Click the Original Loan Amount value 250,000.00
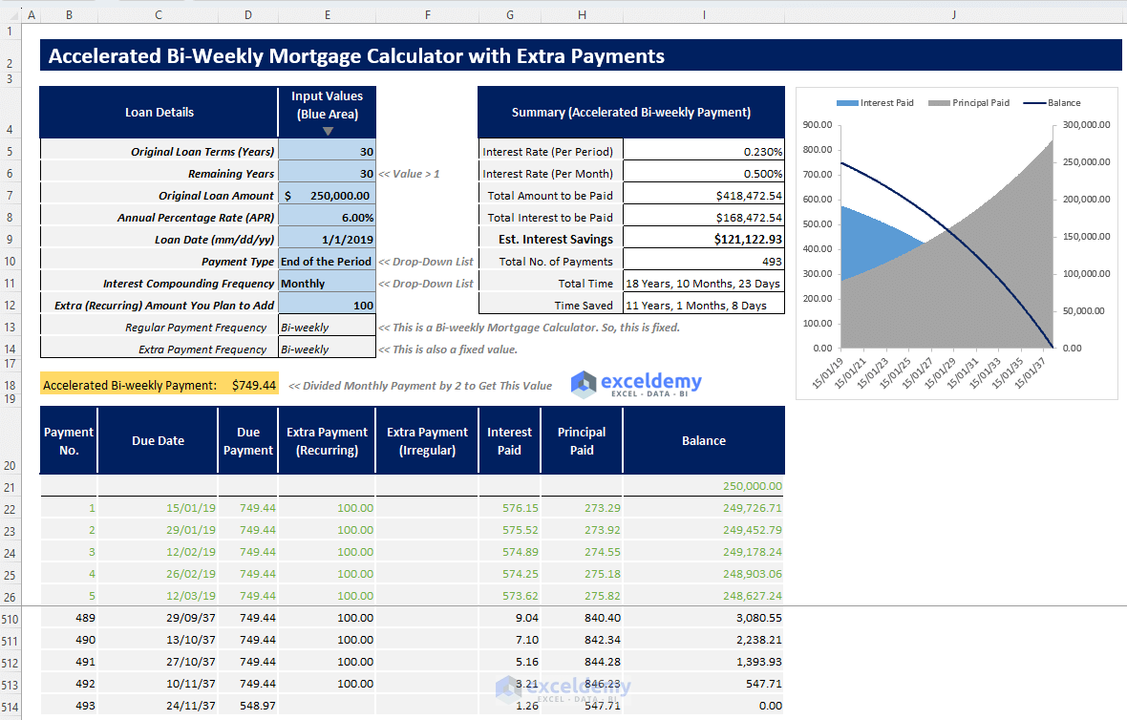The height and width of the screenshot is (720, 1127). (x=334, y=196)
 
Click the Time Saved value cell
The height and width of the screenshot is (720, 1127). (x=703, y=306)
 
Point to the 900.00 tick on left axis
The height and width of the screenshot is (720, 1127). (x=819, y=125)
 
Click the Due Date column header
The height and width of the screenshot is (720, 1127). (x=158, y=441)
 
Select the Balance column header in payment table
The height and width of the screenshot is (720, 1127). (x=704, y=441)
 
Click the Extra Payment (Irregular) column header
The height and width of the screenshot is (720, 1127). (x=427, y=441)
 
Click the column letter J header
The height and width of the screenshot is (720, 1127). (x=954, y=14)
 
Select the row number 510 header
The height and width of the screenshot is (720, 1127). (x=11, y=619)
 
